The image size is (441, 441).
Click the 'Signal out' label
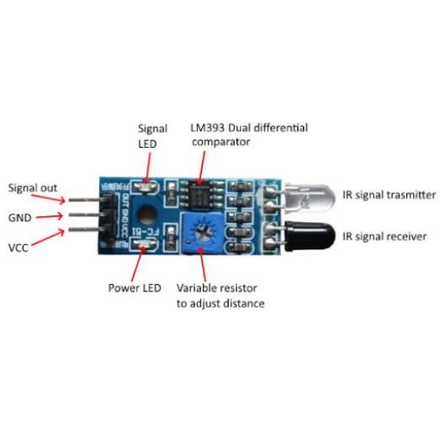(33, 188)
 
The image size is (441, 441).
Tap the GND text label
(19, 218)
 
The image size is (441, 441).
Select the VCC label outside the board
(19, 248)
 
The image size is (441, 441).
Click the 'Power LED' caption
(134, 288)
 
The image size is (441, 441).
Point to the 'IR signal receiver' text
(384, 237)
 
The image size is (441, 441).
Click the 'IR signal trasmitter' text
(389, 195)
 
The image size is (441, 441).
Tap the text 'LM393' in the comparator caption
(208, 128)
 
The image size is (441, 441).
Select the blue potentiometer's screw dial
(203, 231)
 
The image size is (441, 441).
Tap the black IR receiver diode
(310, 236)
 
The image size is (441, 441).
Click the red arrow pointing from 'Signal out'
(48, 198)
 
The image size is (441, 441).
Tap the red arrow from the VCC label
(48, 237)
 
